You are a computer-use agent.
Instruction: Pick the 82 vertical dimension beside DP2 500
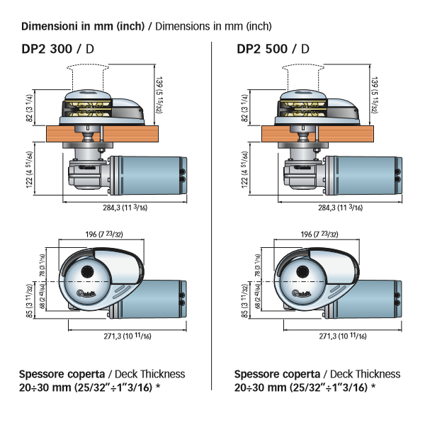click(243, 107)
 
